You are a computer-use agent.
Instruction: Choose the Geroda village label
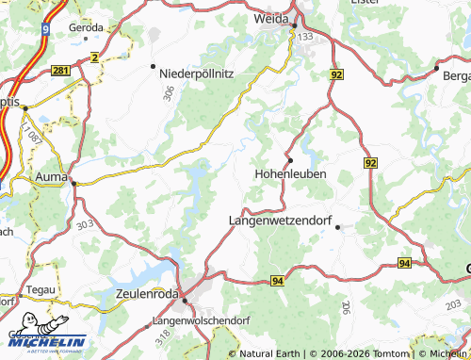coord(87,27)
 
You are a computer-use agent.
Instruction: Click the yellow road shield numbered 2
coord(94,57)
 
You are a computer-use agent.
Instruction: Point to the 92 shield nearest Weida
coord(336,73)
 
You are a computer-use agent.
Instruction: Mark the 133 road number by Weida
coord(304,36)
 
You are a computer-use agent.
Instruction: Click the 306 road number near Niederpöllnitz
coord(169,93)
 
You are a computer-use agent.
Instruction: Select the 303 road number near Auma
coord(86,224)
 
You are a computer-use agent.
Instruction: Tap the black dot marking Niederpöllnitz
coord(153,66)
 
